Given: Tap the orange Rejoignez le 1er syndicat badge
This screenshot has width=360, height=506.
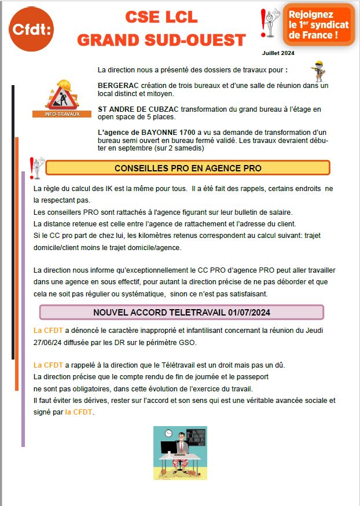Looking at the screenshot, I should pos(319,25).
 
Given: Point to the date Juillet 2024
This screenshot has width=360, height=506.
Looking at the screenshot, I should pos(278,53).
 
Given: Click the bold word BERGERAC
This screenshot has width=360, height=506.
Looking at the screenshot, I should pos(116,86).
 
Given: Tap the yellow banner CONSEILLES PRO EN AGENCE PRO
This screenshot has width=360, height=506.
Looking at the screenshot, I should pos(188,168).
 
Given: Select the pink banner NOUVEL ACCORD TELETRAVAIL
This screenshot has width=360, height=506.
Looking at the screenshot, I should pos(181,313).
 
